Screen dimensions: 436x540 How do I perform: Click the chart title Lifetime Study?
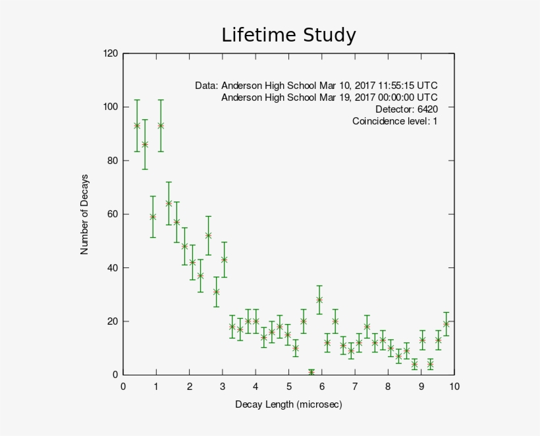pos(288,35)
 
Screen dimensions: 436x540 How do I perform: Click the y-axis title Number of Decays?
pos(84,215)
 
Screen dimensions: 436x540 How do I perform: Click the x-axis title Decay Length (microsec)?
pos(288,404)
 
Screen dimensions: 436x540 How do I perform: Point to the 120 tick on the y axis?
pos(111,53)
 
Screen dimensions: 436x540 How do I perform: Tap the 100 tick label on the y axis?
pos(111,107)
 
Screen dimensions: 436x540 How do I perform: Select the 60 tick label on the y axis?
pos(113,214)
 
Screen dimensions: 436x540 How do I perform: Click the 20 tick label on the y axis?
pos(113,321)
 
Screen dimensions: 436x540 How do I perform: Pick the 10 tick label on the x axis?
pos(454,387)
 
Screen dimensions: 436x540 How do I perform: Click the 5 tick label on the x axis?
pos(288,387)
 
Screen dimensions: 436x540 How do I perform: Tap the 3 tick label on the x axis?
pos(223,387)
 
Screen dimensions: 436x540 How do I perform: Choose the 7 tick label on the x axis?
pos(355,387)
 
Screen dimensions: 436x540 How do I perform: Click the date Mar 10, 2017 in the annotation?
pos(342,86)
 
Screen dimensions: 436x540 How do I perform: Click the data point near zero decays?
pos(311,373)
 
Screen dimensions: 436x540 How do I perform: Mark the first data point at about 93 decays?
pos(137,126)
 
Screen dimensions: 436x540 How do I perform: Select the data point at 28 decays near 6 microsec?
pos(319,300)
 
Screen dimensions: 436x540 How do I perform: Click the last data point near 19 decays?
pos(446,323)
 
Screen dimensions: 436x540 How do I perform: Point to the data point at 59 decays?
pos(153,217)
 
